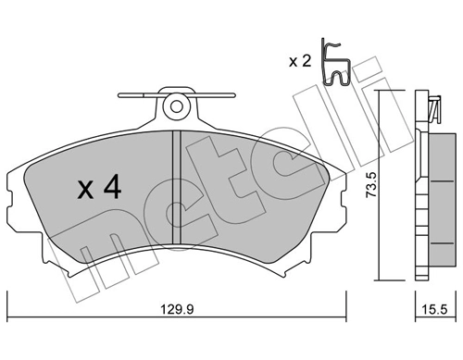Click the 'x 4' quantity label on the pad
click(x=97, y=190)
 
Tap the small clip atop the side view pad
click(x=432, y=109)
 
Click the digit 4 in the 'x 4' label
click(x=111, y=190)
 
